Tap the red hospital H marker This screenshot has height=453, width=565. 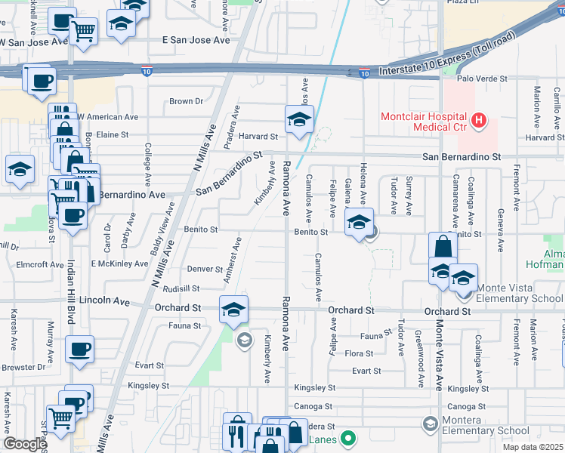point(477,120)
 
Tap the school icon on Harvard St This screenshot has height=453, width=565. point(299,119)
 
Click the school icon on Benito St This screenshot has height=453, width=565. point(360,222)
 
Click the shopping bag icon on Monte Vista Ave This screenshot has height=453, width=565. point(442,246)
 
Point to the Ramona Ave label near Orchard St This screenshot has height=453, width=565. point(286,328)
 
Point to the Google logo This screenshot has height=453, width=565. point(24,444)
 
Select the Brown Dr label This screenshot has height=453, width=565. point(186,100)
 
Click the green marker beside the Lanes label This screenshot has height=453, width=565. point(348,438)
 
